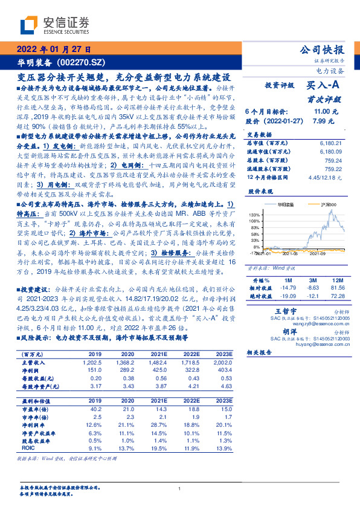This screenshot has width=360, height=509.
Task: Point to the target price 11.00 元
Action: [321, 112]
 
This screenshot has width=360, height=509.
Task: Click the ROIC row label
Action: [29, 448]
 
